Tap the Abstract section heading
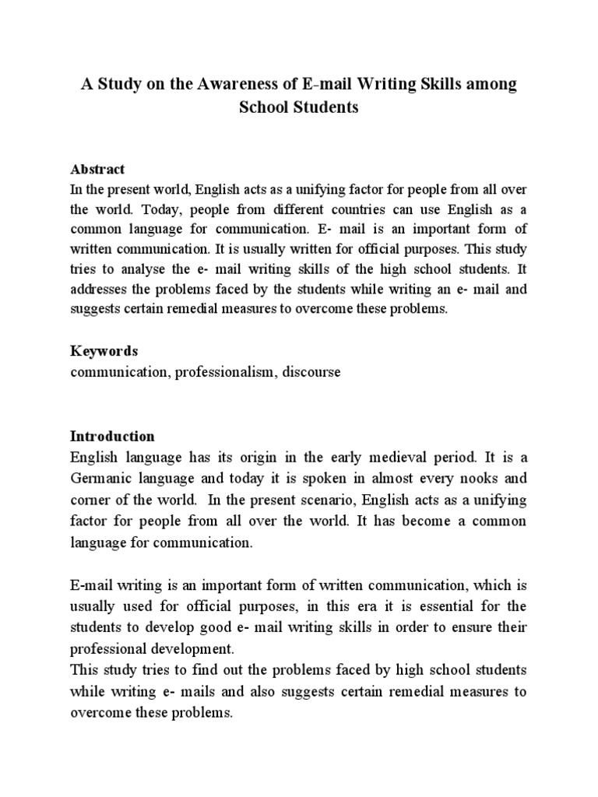tap(97, 169)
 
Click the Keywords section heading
tap(104, 351)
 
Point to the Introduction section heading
tap(112, 436)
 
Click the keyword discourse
tap(311, 372)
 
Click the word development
tap(190, 647)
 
